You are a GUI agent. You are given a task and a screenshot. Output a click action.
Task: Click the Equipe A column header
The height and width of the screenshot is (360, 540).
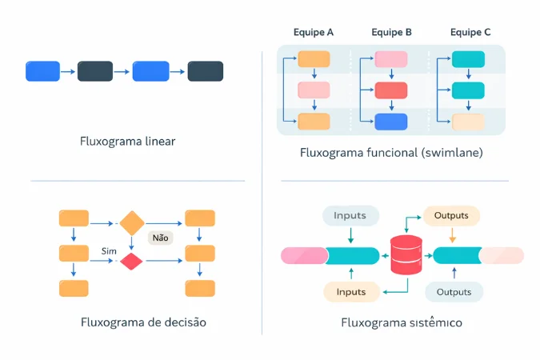pyautogui.click(x=314, y=33)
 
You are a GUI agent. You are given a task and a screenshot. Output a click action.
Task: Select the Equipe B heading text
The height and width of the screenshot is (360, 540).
pyautogui.click(x=391, y=33)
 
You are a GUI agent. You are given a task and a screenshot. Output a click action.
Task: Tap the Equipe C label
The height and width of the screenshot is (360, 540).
pyautogui.click(x=470, y=33)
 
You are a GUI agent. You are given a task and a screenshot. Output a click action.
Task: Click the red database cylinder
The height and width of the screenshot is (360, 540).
pyautogui.click(x=406, y=256)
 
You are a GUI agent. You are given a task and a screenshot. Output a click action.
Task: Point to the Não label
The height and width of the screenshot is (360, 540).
pyautogui.click(x=160, y=238)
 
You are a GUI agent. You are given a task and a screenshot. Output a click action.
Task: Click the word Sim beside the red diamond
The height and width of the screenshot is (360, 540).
pyautogui.click(x=110, y=251)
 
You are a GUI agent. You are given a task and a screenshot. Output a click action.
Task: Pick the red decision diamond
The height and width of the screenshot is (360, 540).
pyautogui.click(x=131, y=261)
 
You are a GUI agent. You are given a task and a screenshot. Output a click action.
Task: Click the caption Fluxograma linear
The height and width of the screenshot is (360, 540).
pyautogui.click(x=127, y=142)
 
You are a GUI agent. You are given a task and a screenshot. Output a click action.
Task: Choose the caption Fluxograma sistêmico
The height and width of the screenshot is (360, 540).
pyautogui.click(x=401, y=323)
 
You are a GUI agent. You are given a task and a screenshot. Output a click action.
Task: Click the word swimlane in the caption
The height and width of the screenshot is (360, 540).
pyautogui.click(x=455, y=152)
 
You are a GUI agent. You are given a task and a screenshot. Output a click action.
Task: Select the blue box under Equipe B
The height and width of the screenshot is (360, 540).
pyautogui.click(x=391, y=122)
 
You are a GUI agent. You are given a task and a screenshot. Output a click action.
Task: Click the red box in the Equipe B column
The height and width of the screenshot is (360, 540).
pyautogui.click(x=391, y=90)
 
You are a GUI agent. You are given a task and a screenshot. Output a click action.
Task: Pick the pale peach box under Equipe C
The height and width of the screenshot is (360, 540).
pyautogui.click(x=468, y=122)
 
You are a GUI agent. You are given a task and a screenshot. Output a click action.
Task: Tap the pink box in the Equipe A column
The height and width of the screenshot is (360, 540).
pyautogui.click(x=313, y=90)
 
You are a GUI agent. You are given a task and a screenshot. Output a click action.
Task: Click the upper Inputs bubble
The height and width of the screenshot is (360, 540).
pyautogui.click(x=350, y=215)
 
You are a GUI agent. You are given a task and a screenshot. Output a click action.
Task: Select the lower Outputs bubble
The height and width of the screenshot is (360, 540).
pyautogui.click(x=453, y=292)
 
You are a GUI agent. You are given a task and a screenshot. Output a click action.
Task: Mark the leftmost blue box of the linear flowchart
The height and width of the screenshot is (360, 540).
pyautogui.click(x=43, y=71)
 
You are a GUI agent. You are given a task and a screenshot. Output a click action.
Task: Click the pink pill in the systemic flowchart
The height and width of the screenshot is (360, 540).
pyautogui.click(x=304, y=256)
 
